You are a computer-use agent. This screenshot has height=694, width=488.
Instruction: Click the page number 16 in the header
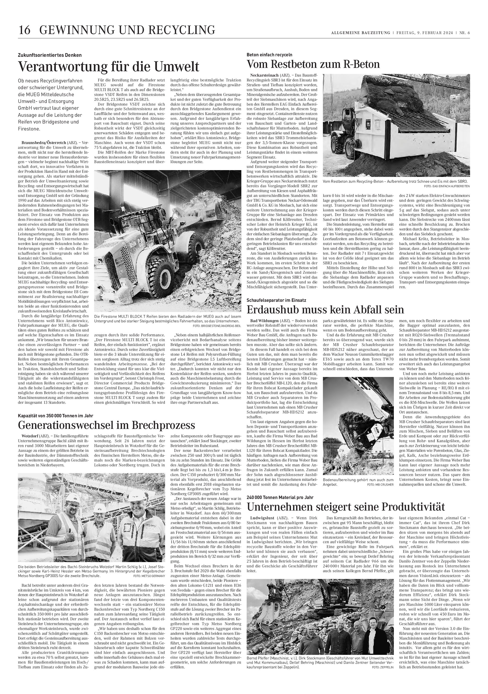(24, 30)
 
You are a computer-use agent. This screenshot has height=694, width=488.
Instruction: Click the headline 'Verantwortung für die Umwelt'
(108, 66)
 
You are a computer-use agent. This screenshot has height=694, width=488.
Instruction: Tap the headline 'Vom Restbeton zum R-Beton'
(313, 64)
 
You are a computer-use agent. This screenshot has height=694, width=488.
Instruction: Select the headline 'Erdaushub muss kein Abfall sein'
(325, 310)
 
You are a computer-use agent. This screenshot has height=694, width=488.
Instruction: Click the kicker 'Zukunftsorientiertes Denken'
(50, 55)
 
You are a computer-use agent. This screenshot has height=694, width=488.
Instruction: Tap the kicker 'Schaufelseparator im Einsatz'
(276, 300)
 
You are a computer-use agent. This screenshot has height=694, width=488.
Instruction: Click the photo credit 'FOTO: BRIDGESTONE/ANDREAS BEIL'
(217, 326)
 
